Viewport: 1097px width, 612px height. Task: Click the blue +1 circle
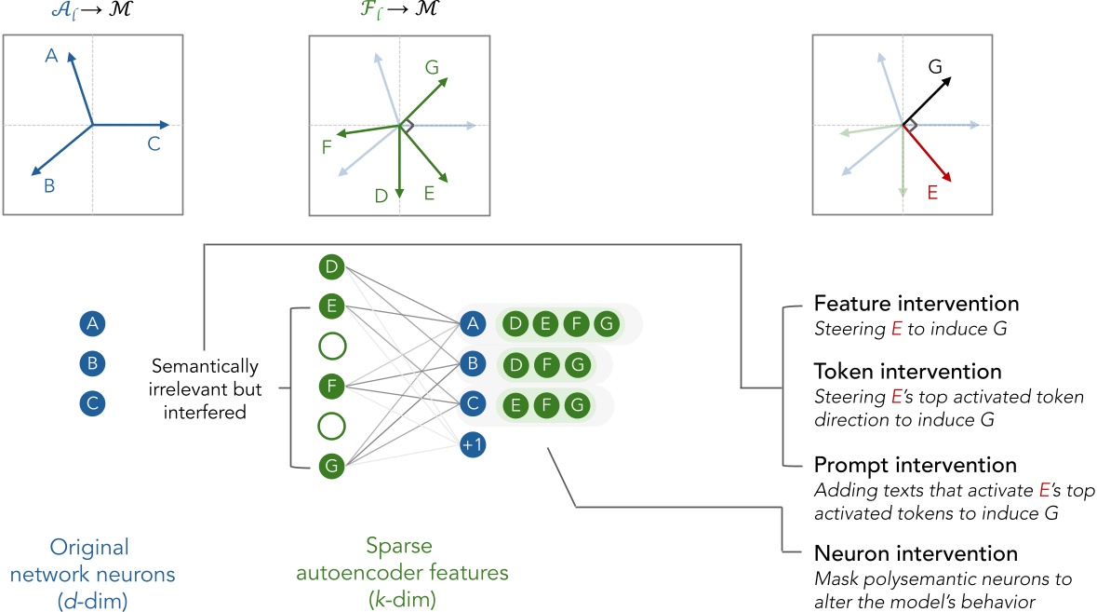(473, 446)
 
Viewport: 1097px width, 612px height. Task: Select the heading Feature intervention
(916, 304)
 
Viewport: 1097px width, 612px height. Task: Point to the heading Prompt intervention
(914, 464)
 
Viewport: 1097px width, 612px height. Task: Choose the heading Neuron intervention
(914, 554)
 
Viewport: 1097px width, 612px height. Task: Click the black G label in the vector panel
(935, 66)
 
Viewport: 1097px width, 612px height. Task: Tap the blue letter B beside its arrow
(49, 186)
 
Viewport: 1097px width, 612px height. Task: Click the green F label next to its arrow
(326, 147)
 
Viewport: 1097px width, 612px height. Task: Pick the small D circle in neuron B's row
(514, 364)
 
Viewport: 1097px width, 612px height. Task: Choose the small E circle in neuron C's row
(514, 405)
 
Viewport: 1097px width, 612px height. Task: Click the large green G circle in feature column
(330, 464)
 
